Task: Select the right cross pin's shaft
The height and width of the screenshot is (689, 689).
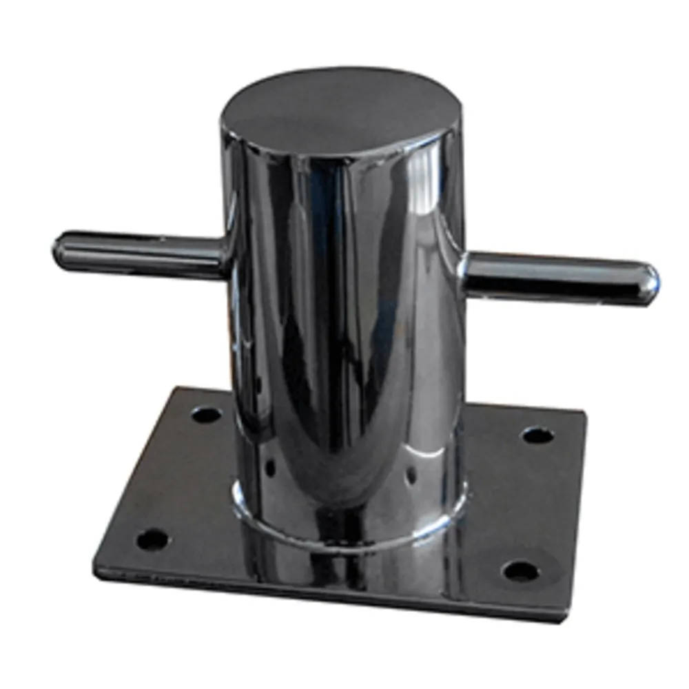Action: tap(551, 275)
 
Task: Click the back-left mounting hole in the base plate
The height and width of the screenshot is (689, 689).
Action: tap(206, 415)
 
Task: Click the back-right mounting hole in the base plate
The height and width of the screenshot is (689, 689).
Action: tap(537, 435)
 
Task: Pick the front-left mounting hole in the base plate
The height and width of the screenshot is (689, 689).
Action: tap(152, 539)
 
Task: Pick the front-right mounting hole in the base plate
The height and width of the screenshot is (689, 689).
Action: tap(520, 570)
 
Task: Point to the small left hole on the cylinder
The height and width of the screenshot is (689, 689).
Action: tap(270, 468)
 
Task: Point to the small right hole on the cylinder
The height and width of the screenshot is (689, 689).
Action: tap(411, 475)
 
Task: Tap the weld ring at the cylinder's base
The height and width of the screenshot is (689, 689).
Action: tap(344, 531)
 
